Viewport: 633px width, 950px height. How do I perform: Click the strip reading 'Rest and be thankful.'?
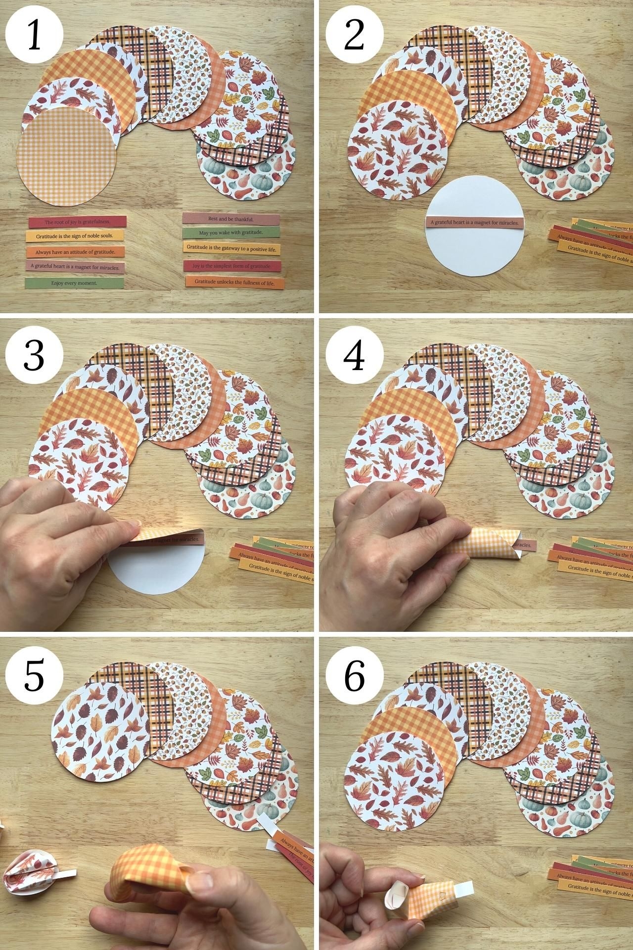tap(231, 218)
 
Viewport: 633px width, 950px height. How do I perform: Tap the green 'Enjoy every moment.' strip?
tap(74, 284)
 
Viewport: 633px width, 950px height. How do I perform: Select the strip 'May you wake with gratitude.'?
tap(230, 232)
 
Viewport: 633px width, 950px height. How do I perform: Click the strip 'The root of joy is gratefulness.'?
tap(77, 222)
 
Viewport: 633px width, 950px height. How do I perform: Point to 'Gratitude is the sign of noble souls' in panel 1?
tap(74, 236)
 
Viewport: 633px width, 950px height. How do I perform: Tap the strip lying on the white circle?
tap(474, 223)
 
